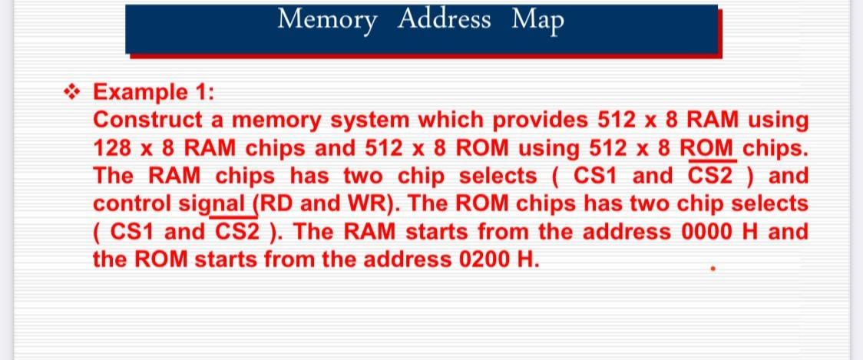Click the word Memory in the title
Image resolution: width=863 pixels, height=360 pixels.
click(x=327, y=19)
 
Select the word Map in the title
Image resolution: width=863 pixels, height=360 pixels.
click(x=537, y=19)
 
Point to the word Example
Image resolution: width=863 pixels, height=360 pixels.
click(x=138, y=93)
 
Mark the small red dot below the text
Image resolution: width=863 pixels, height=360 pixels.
click(x=713, y=270)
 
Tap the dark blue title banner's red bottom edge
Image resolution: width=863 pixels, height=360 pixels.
click(x=422, y=54)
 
